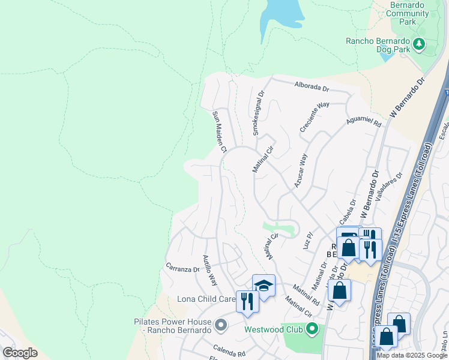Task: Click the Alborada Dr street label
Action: pos(312,87)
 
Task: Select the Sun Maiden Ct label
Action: pos(218,131)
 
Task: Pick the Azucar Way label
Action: pos(300,170)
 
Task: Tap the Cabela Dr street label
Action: pos(348,211)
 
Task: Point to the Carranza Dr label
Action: pos(182,268)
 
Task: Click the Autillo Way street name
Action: pos(209,269)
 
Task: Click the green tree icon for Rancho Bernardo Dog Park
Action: pos(419,43)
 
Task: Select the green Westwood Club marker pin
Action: pos(312,329)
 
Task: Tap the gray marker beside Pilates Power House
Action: pos(221,326)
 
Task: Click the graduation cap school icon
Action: pos(264,286)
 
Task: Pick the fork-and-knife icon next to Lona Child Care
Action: pos(247,301)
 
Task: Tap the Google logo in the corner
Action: pos(20,352)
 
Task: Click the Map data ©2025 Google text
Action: pos(412,355)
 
